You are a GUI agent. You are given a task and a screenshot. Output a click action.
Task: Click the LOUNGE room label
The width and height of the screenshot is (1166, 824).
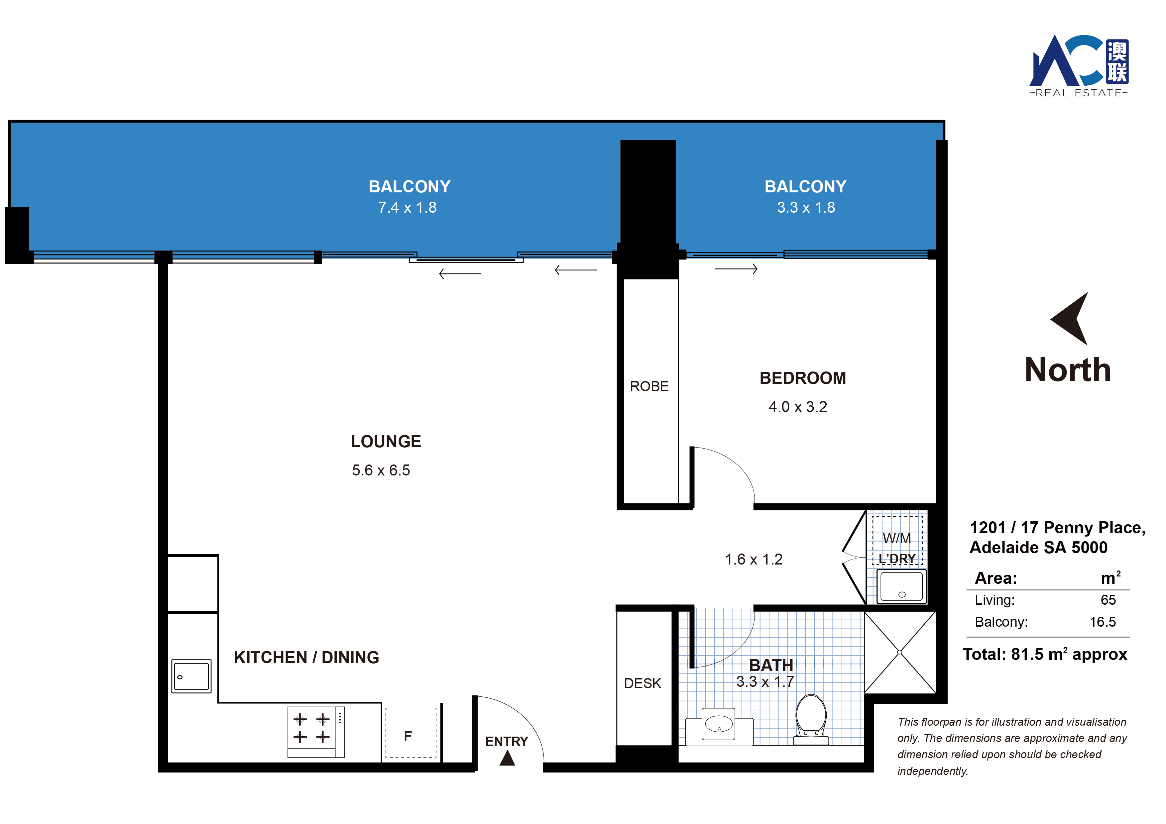coord(386,441)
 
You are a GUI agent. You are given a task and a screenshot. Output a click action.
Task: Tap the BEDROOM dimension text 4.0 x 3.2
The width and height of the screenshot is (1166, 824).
coord(798,407)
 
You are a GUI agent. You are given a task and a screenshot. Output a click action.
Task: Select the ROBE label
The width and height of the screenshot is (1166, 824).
coord(649,386)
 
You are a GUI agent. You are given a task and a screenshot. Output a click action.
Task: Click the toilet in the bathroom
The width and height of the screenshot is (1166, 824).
coord(811,719)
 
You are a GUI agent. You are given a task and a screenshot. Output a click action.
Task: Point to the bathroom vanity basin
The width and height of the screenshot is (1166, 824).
coord(719,724)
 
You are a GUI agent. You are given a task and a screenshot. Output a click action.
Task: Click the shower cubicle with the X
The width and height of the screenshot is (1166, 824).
coord(900,653)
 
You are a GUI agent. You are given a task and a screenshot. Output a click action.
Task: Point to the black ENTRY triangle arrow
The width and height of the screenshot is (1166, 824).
coord(507,758)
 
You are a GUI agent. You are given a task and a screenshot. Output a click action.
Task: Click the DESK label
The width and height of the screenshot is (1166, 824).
coord(642,683)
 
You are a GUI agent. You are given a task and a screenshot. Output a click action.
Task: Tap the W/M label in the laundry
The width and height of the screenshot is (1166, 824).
coord(897,538)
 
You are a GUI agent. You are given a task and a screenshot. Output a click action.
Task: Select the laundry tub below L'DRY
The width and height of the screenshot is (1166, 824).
coord(901,586)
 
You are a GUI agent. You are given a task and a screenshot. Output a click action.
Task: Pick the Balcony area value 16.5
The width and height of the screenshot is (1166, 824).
coord(1103,622)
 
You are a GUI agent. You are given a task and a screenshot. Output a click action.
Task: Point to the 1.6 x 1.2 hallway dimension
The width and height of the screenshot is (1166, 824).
coord(754,560)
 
